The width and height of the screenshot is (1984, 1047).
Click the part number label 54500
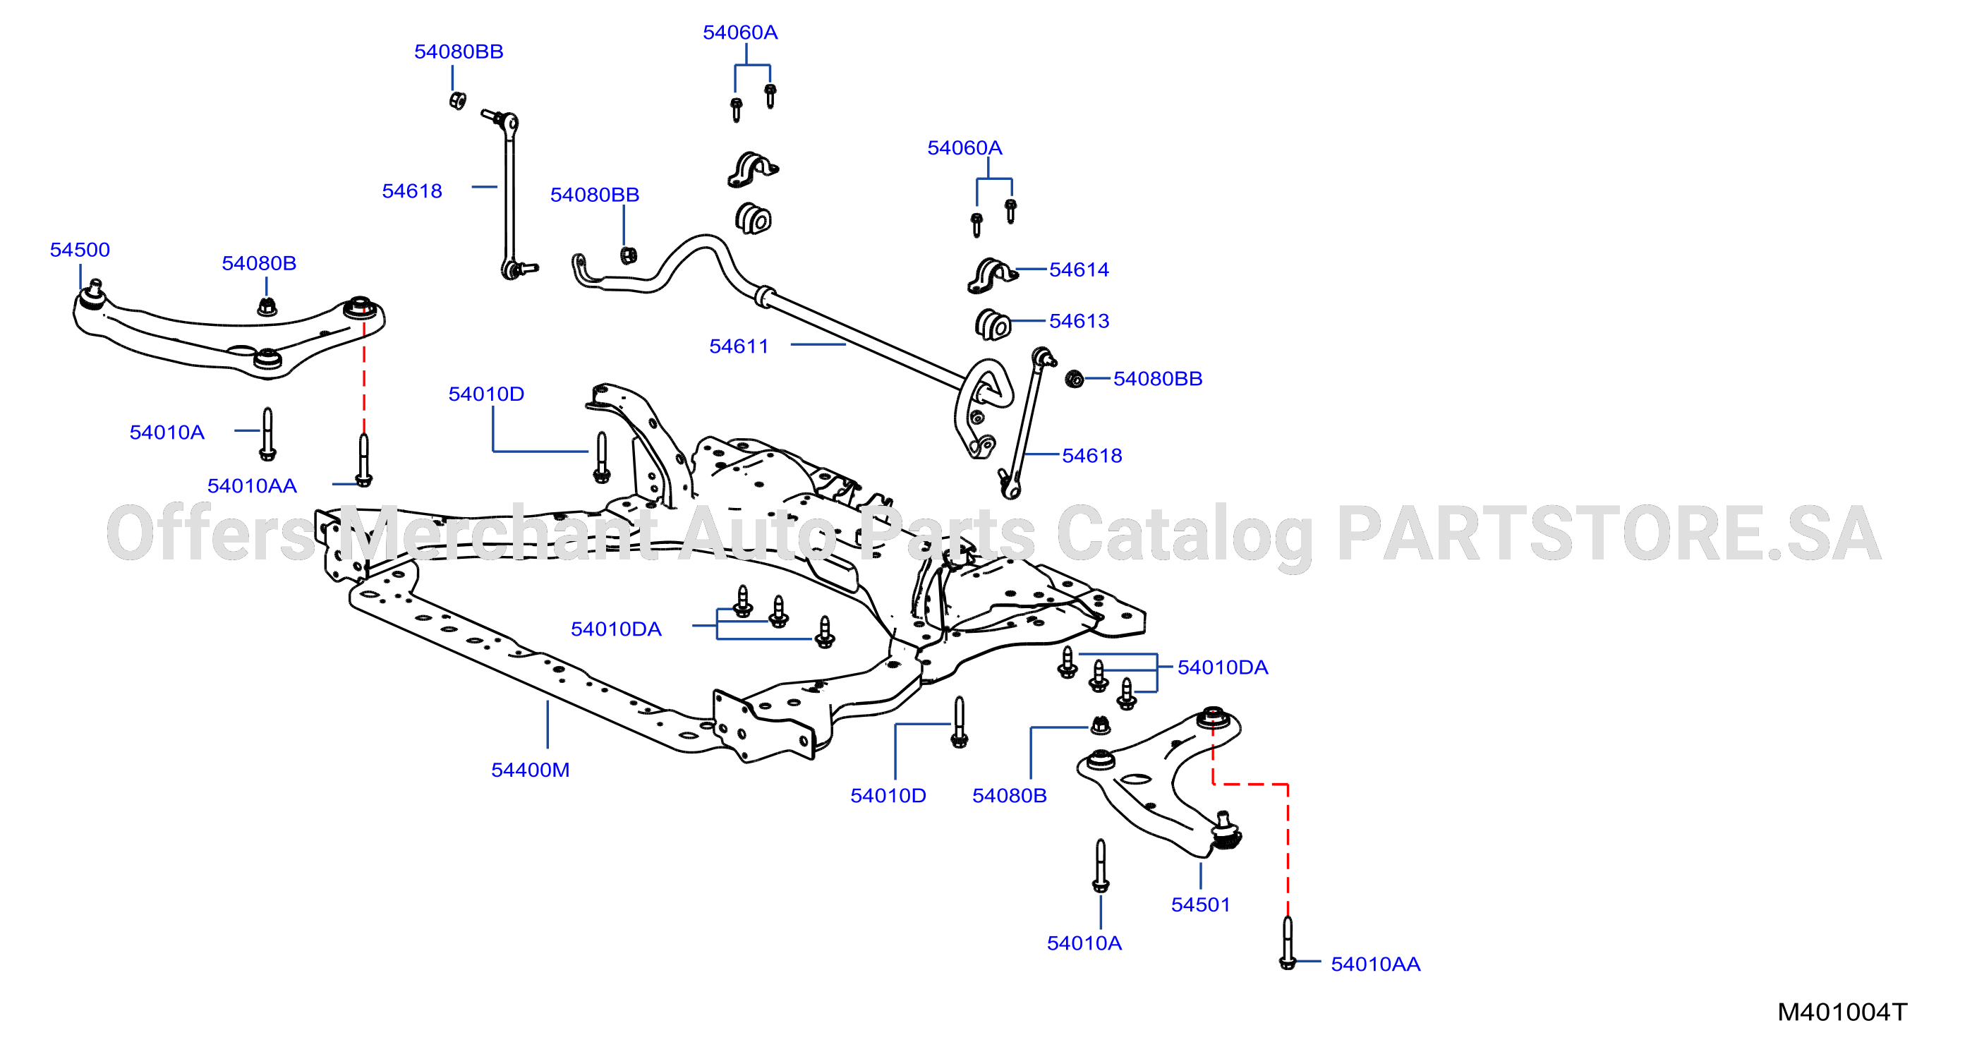click(x=80, y=250)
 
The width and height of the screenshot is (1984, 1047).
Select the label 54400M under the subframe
click(x=531, y=770)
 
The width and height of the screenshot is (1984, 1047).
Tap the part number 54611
click(x=739, y=346)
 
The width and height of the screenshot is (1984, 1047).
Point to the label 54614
click(x=1079, y=270)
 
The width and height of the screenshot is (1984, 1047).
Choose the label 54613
click(x=1079, y=320)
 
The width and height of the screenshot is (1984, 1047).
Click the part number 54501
click(x=1201, y=904)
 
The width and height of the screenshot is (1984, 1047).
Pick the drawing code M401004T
click(x=1842, y=1012)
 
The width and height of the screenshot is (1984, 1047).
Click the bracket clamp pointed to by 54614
click(x=992, y=276)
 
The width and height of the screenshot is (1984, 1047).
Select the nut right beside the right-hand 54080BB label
click(x=1075, y=379)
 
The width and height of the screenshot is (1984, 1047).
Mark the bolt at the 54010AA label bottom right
click(x=1288, y=943)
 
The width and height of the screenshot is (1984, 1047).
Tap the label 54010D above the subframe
click(x=487, y=394)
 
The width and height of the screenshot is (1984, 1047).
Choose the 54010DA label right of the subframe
click(x=1223, y=667)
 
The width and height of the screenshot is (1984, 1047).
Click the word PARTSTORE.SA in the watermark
click(x=1609, y=533)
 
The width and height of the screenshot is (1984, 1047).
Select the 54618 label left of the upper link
click(x=412, y=191)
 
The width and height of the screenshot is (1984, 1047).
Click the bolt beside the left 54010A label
click(x=267, y=435)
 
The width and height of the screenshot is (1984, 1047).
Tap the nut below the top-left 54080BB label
click(x=457, y=100)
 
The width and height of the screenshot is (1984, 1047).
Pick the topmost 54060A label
click(x=740, y=32)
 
